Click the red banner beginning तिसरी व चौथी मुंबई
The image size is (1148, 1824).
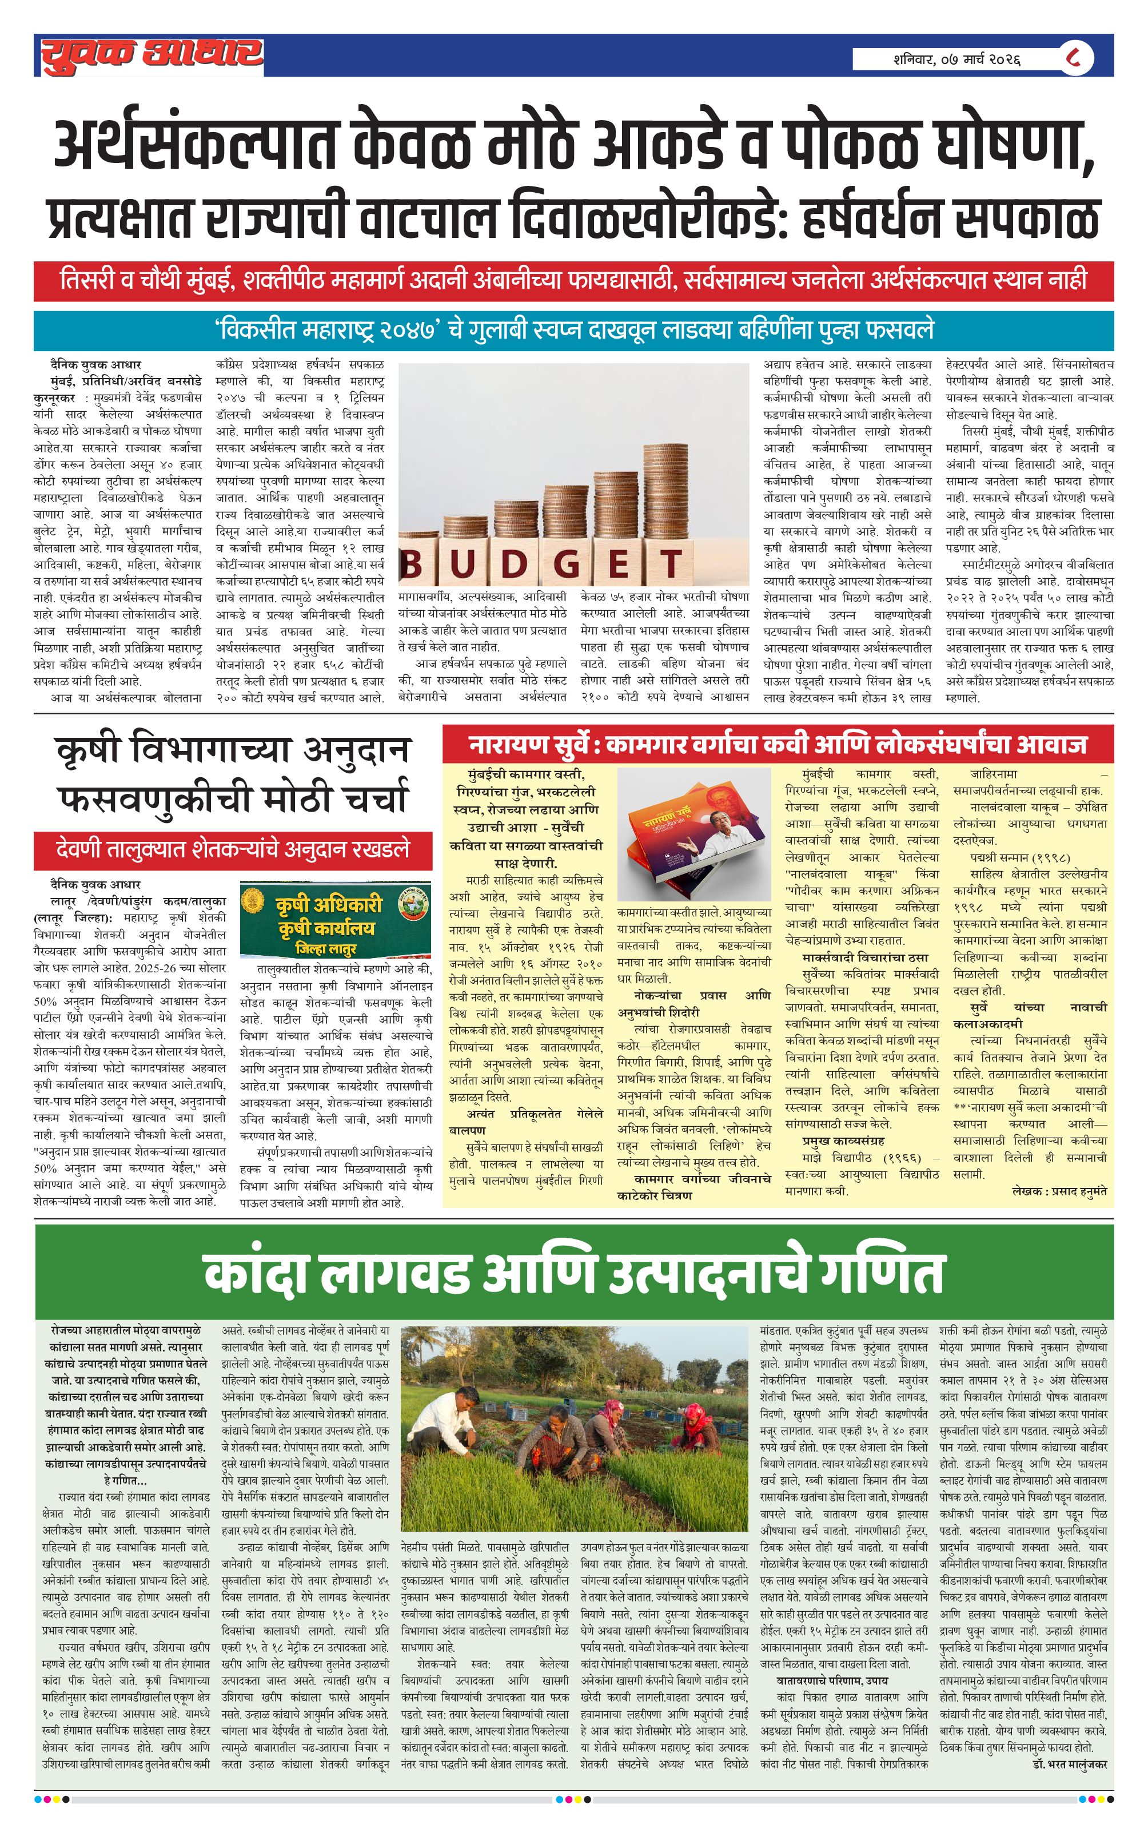pyautogui.click(x=573, y=281)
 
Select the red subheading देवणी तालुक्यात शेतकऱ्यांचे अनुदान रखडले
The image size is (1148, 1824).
pyautogui.click(x=233, y=850)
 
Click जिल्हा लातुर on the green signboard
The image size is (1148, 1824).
pyautogui.click(x=326, y=948)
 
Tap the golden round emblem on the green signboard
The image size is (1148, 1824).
pyautogui.click(x=252, y=901)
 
